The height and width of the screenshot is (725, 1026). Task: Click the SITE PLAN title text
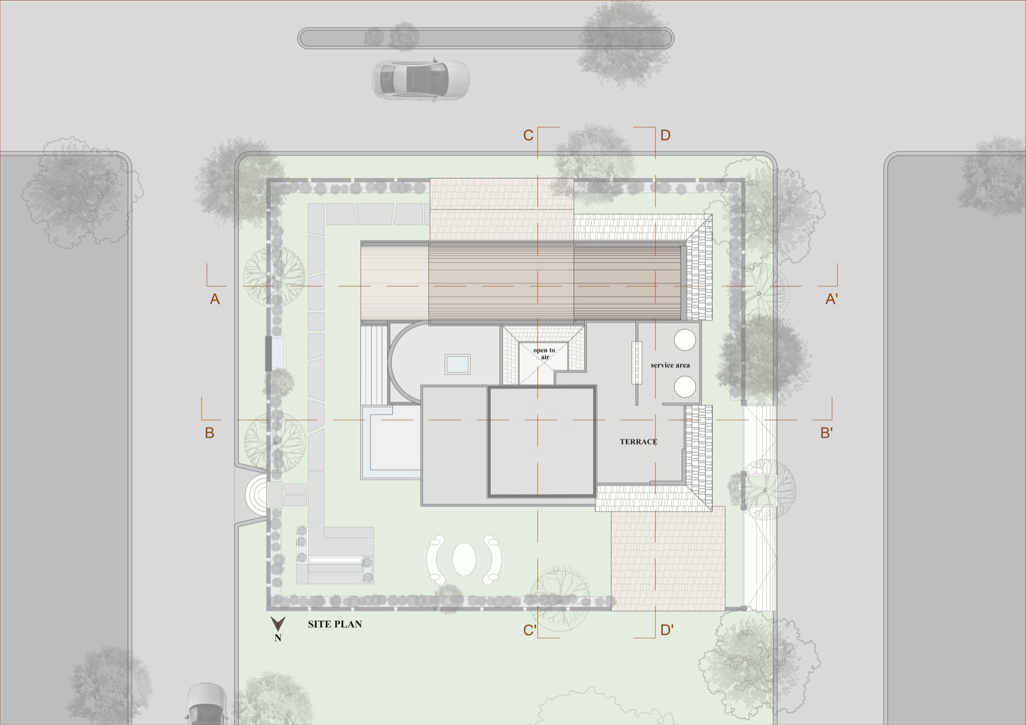click(x=334, y=624)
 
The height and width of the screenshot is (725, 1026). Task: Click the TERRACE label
click(x=638, y=442)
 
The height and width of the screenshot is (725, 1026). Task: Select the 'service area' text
click(x=670, y=365)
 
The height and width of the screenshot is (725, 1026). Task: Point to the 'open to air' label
click(x=544, y=353)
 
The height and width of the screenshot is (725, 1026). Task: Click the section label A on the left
click(x=214, y=299)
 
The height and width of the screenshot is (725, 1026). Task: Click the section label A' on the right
click(x=831, y=299)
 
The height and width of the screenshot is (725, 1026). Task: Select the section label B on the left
click(x=209, y=433)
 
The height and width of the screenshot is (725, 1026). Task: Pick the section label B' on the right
click(x=826, y=433)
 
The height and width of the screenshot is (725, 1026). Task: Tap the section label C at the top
click(x=528, y=135)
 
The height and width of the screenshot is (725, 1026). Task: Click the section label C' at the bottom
click(x=529, y=631)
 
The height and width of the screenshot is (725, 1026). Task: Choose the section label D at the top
click(x=665, y=135)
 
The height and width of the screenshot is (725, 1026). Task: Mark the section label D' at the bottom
click(x=666, y=631)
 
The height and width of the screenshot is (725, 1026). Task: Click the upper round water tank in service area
click(x=685, y=340)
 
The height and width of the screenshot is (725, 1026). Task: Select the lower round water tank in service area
click(x=685, y=386)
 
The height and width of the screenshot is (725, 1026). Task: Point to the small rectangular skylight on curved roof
click(x=457, y=364)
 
